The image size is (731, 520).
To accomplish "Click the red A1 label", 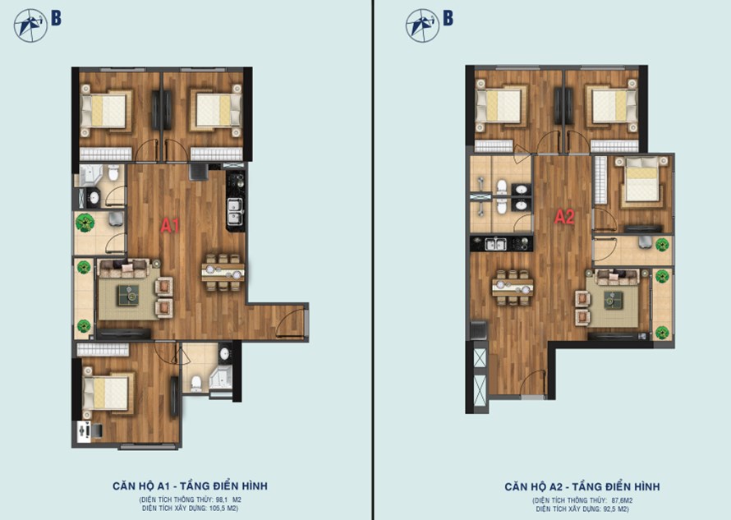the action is click(170, 226).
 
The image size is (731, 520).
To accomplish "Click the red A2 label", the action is click(564, 216).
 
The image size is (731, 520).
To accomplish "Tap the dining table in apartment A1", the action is click(223, 273).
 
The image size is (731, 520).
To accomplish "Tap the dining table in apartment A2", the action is click(513, 288).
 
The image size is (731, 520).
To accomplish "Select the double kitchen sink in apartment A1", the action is click(235, 211).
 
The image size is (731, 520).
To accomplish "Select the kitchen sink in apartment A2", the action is click(495, 244).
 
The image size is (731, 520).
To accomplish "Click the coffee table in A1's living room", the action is click(128, 295).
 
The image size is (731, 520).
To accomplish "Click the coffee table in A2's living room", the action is click(614, 301).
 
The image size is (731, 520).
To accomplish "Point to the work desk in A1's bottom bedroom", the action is click(84, 431).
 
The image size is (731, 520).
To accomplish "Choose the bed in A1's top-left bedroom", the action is click(104, 111).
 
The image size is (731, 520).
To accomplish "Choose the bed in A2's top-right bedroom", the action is click(613, 106).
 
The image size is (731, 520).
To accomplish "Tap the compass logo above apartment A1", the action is click(30, 25).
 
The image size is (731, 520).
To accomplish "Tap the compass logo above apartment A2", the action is click(422, 25).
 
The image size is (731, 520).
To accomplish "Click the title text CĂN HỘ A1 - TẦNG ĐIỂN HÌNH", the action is click(191, 486).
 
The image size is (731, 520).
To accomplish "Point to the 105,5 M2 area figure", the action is click(223, 508).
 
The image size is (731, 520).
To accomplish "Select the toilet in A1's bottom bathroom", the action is click(196, 383).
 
